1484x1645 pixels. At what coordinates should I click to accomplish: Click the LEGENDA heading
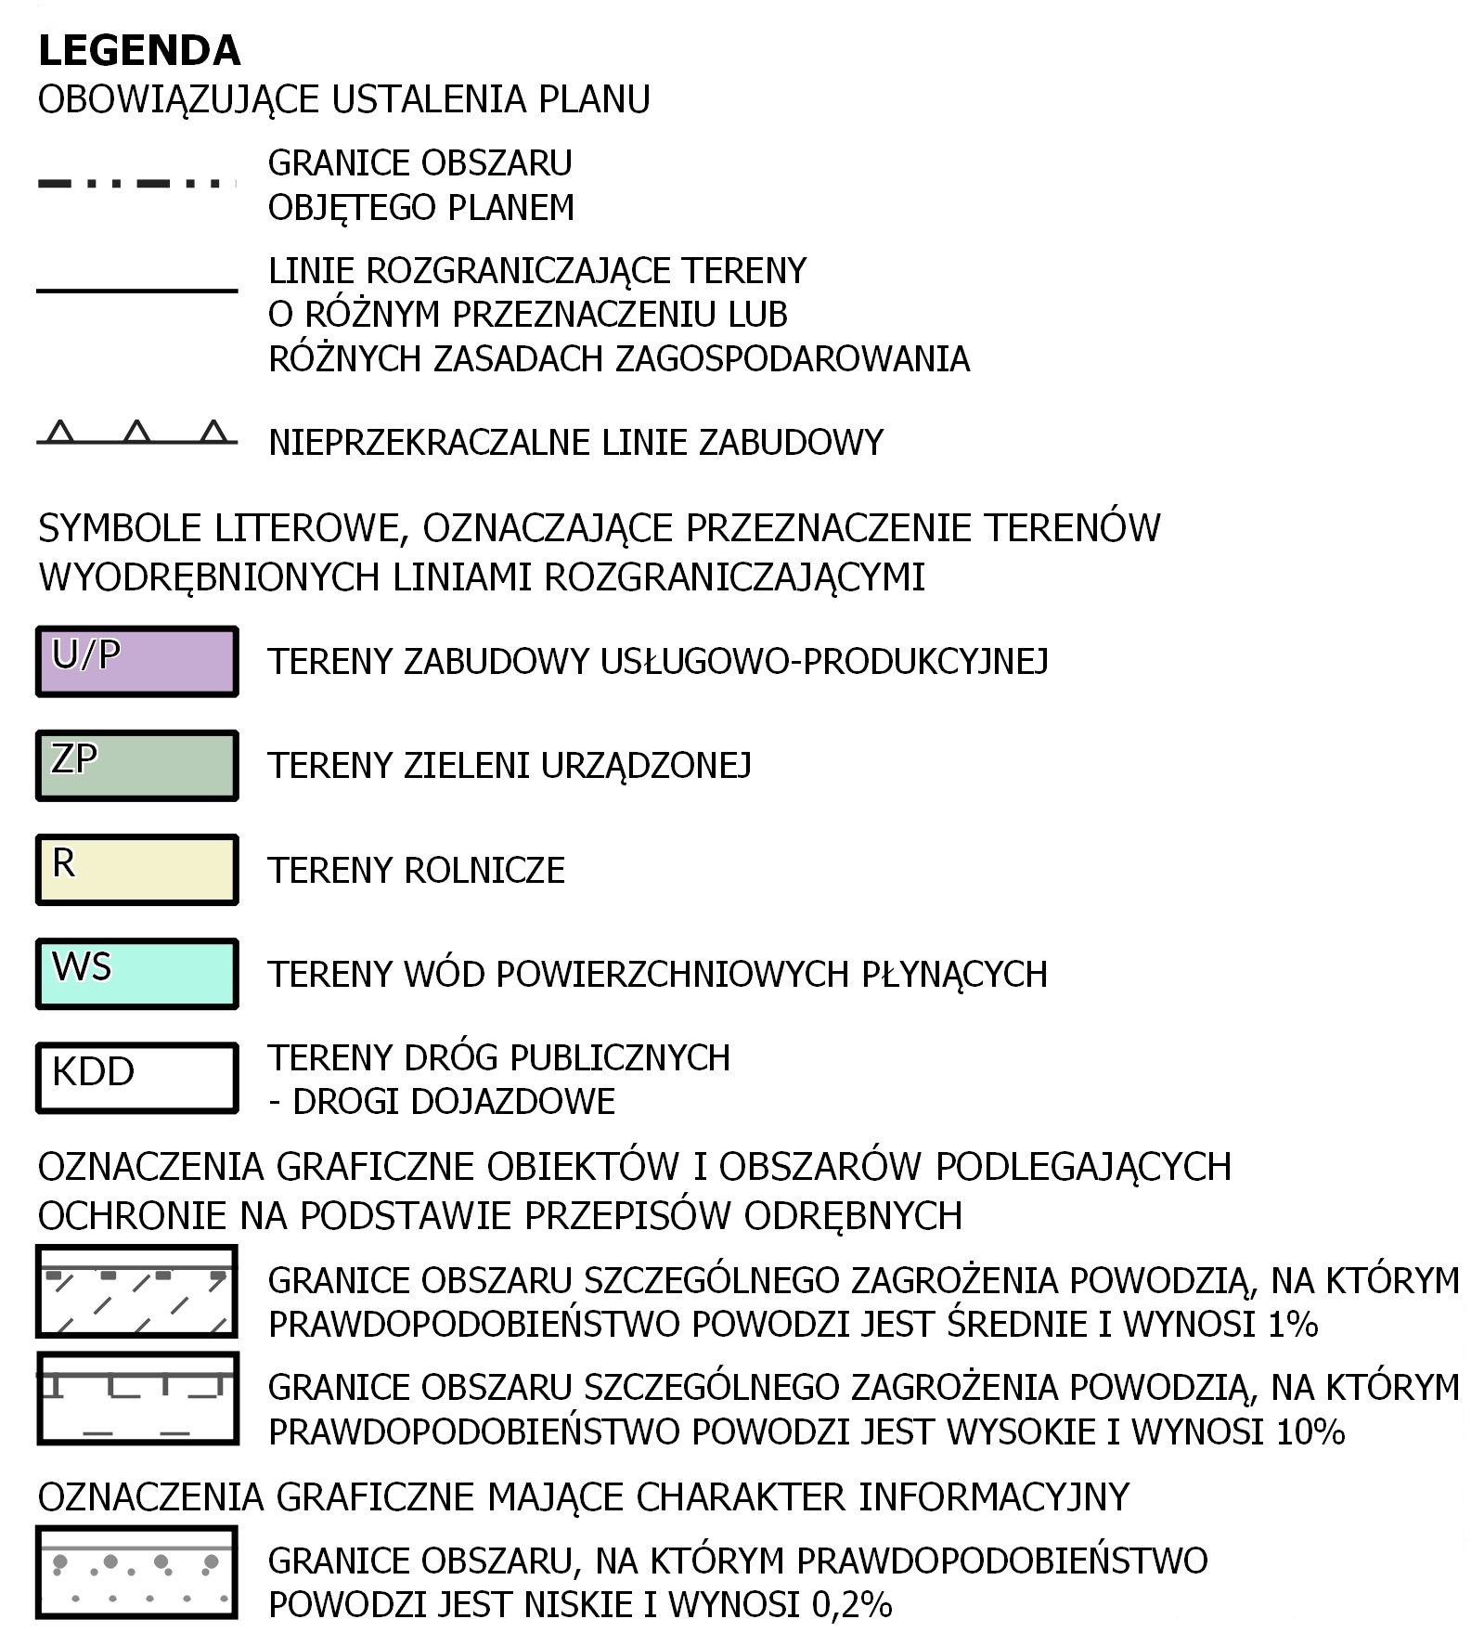click(139, 51)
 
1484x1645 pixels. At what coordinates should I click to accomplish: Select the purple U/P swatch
click(137, 662)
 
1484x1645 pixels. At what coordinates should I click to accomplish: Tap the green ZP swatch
click(137, 766)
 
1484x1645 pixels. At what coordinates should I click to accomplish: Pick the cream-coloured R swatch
click(137, 870)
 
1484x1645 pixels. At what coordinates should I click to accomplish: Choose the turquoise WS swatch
click(137, 974)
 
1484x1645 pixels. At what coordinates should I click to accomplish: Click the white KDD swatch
click(137, 1078)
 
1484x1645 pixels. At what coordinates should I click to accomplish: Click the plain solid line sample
click(137, 291)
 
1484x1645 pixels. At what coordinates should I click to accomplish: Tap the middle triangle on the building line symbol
click(137, 432)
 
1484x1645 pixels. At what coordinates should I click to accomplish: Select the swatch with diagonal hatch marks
click(137, 1291)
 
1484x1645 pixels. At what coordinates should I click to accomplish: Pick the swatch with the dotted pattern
click(137, 1573)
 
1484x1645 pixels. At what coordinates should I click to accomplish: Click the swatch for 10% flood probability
click(137, 1398)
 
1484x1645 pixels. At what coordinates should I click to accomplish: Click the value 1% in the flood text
click(1292, 1324)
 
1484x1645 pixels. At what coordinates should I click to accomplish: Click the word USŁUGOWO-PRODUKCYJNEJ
click(824, 662)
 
